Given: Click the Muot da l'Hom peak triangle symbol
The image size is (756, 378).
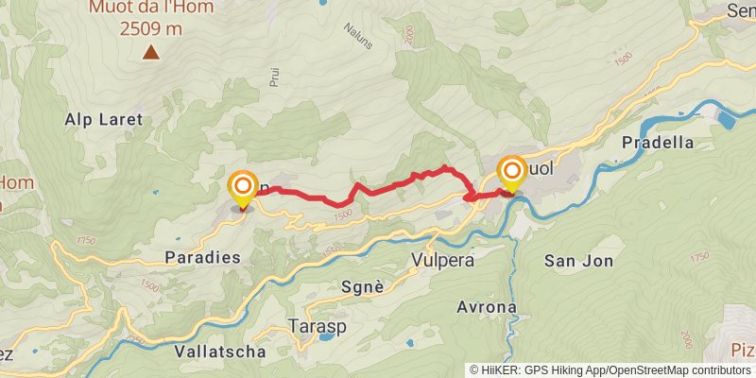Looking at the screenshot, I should (150, 51).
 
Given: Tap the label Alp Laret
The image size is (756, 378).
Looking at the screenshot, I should (103, 120).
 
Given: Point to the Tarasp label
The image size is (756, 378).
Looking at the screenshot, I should (317, 326).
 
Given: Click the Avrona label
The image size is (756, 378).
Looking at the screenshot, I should (487, 308).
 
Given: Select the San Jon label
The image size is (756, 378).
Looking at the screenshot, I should (579, 260).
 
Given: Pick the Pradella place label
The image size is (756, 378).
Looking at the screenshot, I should (659, 143).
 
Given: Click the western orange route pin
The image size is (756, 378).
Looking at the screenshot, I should (243, 187).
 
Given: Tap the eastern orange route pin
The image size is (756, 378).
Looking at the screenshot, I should (511, 174).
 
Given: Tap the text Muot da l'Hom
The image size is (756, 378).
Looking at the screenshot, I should (151, 9).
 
